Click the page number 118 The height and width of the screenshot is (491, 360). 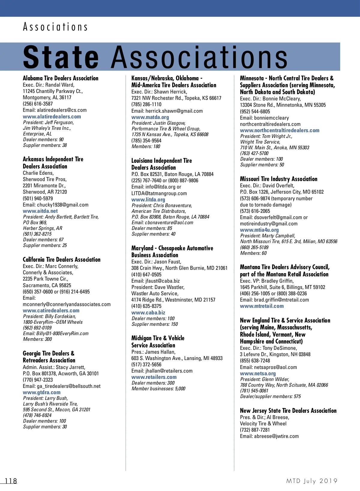tap(11, 481)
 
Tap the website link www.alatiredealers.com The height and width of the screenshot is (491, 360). tap(52, 117)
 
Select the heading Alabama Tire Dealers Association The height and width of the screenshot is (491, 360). tap(61, 78)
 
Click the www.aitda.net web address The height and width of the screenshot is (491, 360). tap(40, 211)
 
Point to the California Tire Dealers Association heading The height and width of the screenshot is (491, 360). tap(61, 260)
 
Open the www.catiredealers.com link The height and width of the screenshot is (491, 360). tap(51, 311)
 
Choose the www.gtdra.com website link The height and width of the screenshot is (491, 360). tap(42, 392)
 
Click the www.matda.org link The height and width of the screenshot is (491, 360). tap(150, 117)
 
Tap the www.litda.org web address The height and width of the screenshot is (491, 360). tap(148, 200)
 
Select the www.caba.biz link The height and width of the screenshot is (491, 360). tap(148, 313)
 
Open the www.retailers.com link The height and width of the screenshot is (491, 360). tap(154, 377)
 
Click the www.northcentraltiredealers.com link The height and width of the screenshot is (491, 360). tap(280, 130)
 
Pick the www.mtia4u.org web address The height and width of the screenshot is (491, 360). tap(259, 230)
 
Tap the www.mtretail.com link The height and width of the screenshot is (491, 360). tap(262, 306)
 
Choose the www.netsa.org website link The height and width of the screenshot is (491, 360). tap(258, 373)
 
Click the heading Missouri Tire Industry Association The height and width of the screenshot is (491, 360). tap(278, 179)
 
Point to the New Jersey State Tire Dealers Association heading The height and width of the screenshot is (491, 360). tap(288, 411)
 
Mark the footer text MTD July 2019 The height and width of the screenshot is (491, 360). tap(312, 481)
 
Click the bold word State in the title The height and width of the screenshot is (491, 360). tap(61, 57)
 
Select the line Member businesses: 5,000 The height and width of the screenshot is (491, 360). tap(158, 389)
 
